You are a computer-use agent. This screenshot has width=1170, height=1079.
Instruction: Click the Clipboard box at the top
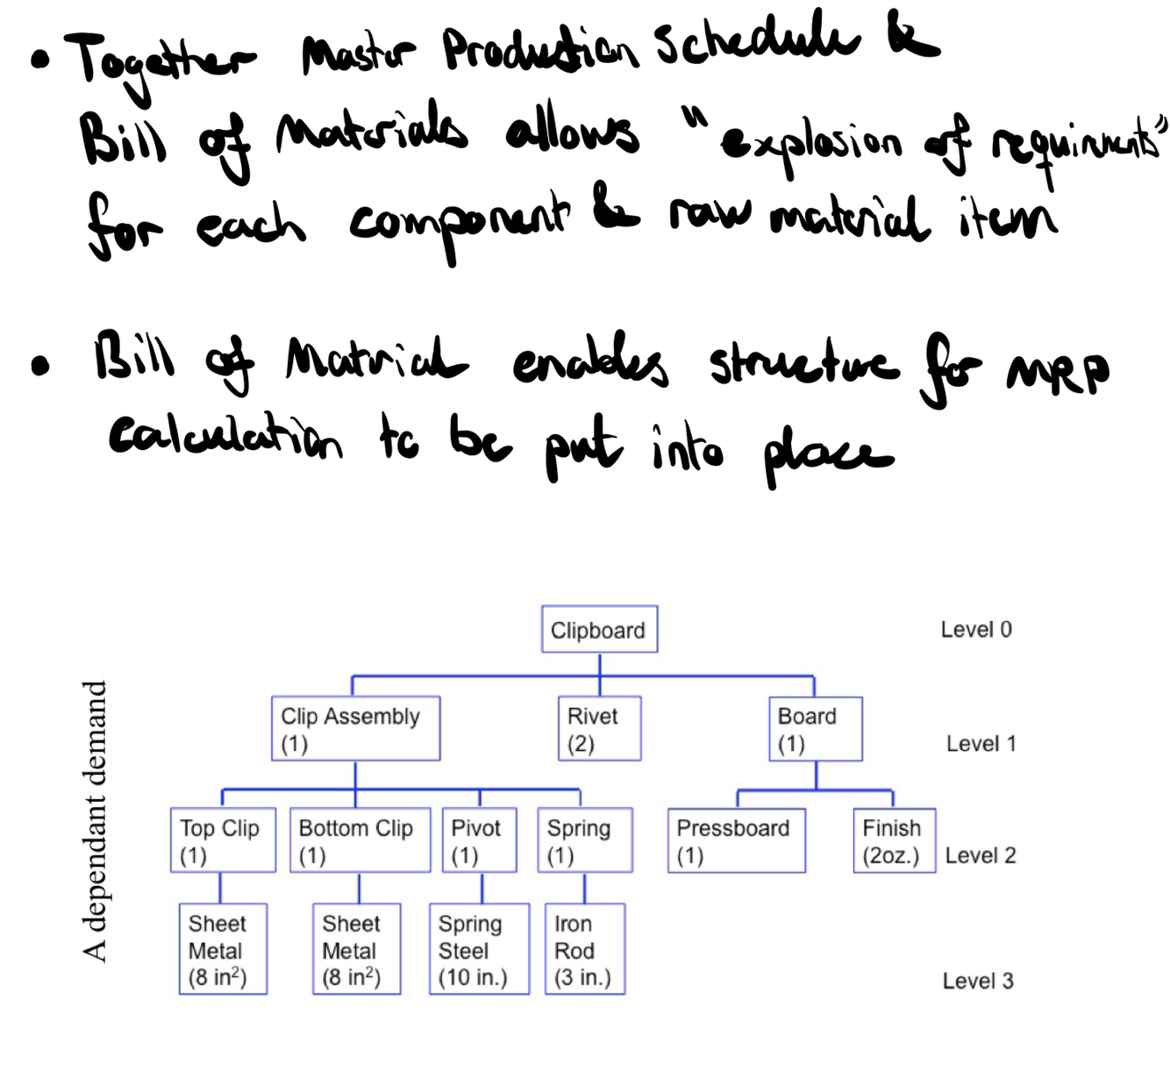coord(599,629)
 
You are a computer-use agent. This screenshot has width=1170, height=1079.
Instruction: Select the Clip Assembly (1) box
coord(355,728)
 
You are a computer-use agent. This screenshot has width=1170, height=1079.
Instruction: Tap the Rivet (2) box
coord(599,728)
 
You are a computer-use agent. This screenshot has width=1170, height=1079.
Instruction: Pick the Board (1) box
coord(815,728)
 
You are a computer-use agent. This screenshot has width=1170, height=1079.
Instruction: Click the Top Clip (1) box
coord(223,840)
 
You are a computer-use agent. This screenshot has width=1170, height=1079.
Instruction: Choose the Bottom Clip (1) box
coord(360,840)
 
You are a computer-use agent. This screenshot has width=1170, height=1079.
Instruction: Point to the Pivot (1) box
coord(479,840)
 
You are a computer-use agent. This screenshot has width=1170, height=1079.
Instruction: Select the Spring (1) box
coord(584,840)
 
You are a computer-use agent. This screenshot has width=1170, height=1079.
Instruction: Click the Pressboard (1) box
coord(736,840)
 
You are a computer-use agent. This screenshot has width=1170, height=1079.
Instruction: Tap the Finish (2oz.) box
coord(894,840)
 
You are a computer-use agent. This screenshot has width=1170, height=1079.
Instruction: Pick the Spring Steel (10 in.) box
coord(479,948)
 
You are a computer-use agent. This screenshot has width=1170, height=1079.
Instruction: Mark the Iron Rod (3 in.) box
coord(584,948)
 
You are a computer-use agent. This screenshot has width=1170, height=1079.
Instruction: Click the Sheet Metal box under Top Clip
coord(223,948)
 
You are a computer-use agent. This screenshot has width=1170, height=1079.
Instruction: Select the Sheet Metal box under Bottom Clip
coord(356,948)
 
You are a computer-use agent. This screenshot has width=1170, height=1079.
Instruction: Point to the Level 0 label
coord(975,629)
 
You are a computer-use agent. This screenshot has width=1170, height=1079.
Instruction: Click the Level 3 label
coord(977,981)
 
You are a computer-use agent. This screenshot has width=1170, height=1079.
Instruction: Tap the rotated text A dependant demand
coord(94,821)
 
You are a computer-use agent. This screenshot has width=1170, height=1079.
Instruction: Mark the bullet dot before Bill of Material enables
coord(39,366)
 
